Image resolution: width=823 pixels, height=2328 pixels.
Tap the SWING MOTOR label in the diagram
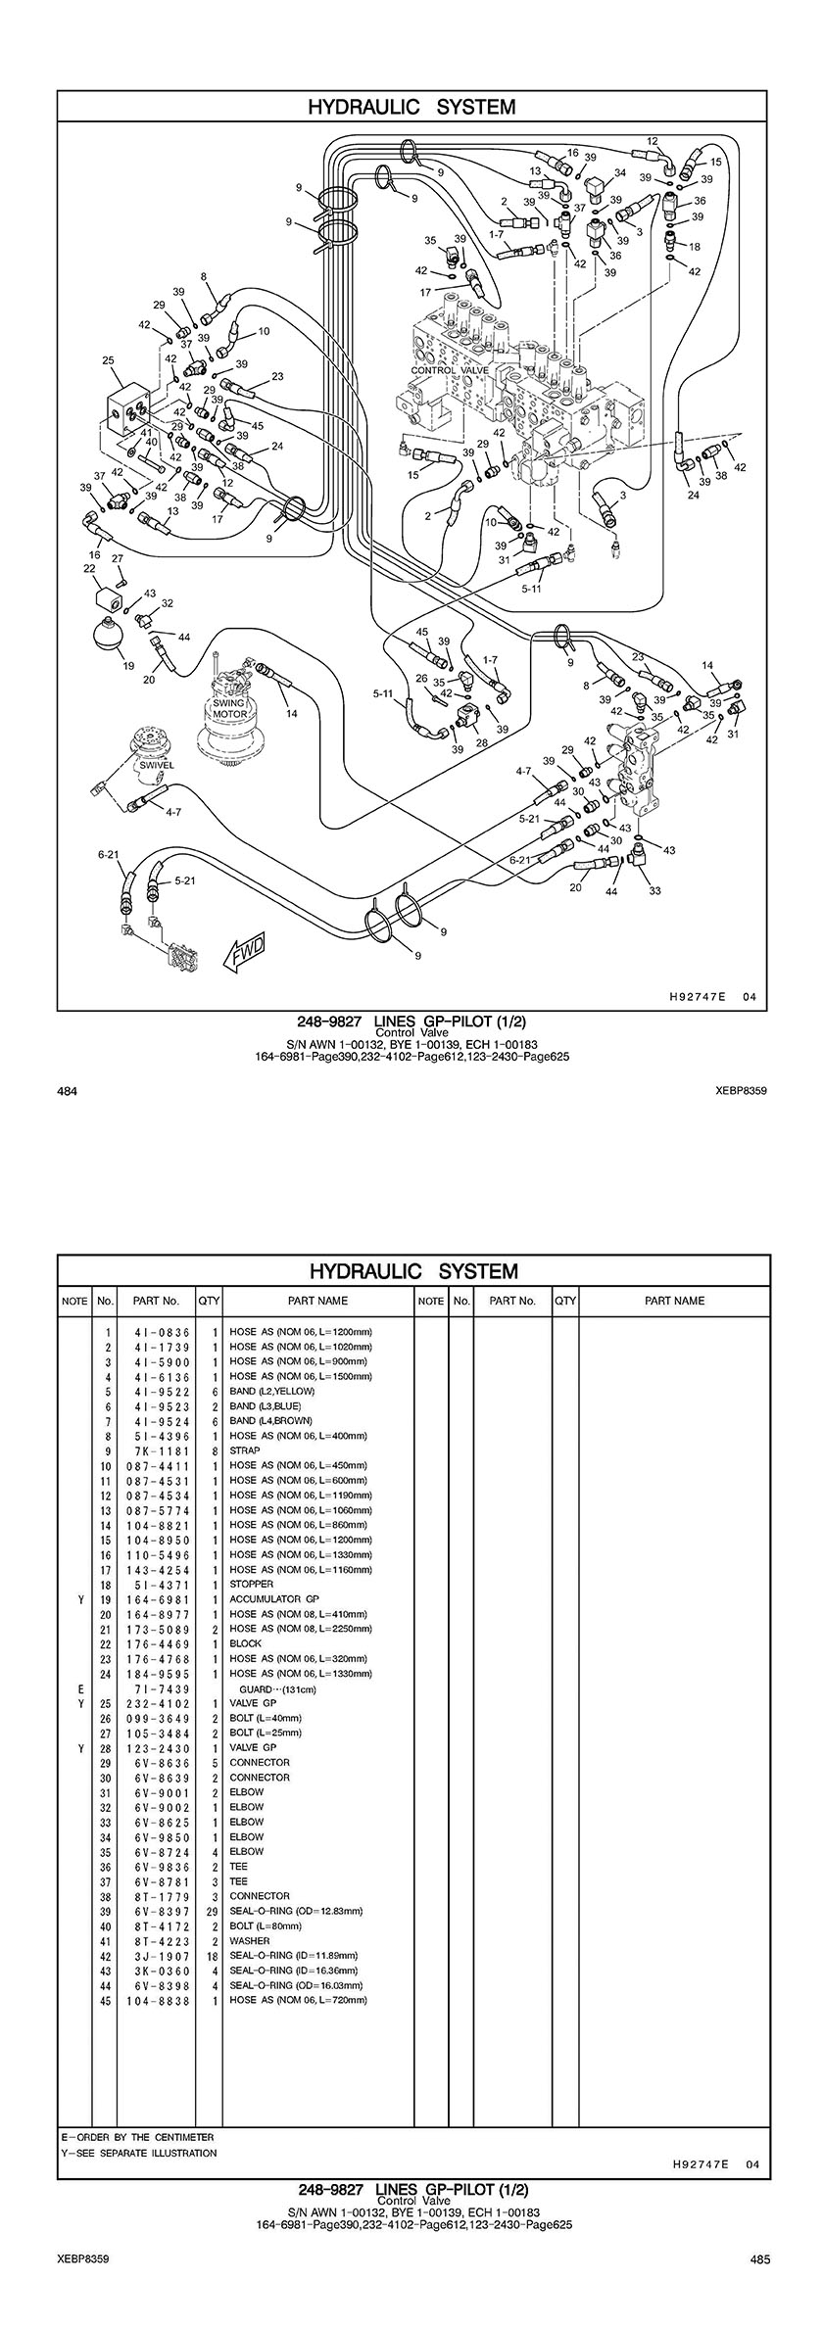click(x=231, y=709)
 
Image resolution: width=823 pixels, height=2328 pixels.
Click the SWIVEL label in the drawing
click(x=155, y=765)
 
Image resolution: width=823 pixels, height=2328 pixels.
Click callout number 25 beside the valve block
click(x=108, y=360)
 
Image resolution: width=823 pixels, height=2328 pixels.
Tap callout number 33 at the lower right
click(x=654, y=890)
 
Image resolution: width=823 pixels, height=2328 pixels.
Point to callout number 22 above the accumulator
click(x=89, y=568)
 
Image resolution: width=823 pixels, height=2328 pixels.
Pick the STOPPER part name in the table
click(x=251, y=1584)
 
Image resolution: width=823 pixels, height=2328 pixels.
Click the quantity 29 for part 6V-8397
click(x=213, y=1911)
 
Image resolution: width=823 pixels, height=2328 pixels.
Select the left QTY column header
click(x=209, y=1301)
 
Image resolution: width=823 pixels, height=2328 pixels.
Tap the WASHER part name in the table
click(x=249, y=1940)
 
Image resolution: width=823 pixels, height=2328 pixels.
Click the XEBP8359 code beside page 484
click(x=741, y=1090)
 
